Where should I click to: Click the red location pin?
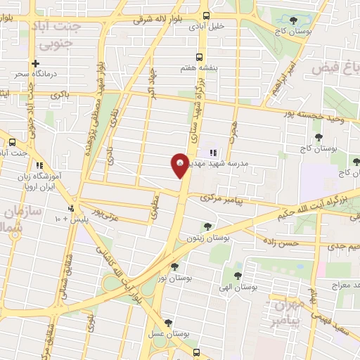(x=179, y=165)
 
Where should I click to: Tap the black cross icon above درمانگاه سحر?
(x=35, y=63)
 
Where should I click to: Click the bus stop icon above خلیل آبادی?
(x=205, y=15)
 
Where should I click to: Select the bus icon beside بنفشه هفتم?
(x=199, y=56)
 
